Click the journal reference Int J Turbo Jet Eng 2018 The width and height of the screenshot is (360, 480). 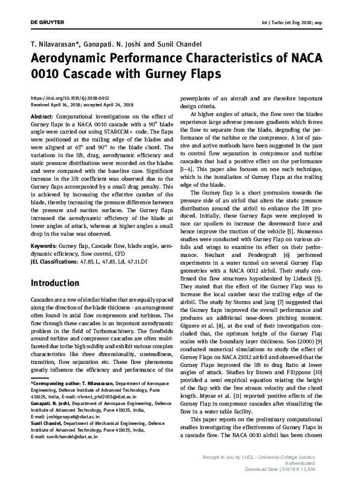pyautogui.click(x=287, y=22)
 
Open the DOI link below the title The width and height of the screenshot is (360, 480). pyautogui.click(x=69, y=97)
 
